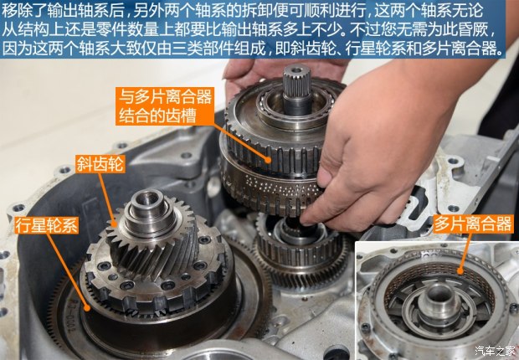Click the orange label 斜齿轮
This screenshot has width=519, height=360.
coord(100,164)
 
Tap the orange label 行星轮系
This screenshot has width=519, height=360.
coord(46,225)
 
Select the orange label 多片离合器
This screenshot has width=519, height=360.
coord(473,224)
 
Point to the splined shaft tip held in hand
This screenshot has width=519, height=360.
coord(296,81)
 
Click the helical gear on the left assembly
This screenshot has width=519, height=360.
coord(154,245)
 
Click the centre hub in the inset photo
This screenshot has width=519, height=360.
coord(439,299)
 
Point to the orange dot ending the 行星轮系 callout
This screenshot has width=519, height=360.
coord(87,308)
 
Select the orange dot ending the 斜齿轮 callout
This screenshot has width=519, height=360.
coord(115,224)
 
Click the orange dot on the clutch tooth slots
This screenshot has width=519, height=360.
coord(268,160)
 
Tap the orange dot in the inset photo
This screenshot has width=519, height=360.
coord(460,271)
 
